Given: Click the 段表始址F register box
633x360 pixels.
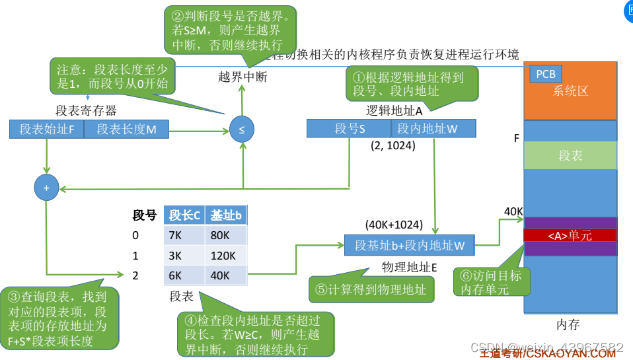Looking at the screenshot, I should click(46, 129).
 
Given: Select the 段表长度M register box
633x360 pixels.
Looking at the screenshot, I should click(127, 129).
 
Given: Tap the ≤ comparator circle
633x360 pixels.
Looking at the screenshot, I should click(241, 129).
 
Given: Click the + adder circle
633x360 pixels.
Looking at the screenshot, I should click(46, 188).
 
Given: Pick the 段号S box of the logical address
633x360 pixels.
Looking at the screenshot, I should click(350, 129).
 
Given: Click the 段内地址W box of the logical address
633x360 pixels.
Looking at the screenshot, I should click(433, 129).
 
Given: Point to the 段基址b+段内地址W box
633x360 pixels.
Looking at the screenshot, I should click(410, 245).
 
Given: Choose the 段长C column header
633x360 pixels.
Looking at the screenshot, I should click(185, 215).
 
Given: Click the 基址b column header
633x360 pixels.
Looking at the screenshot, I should click(227, 215).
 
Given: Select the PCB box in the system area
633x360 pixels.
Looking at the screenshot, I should click(546, 74).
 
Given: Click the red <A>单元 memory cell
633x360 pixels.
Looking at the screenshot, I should click(570, 235).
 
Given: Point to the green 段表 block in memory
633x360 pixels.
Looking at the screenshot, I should click(570, 156).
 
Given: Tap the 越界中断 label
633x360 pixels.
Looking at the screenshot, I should click(242, 77).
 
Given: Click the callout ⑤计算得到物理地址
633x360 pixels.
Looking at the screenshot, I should click(371, 289).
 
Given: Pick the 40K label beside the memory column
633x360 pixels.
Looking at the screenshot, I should click(513, 211).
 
